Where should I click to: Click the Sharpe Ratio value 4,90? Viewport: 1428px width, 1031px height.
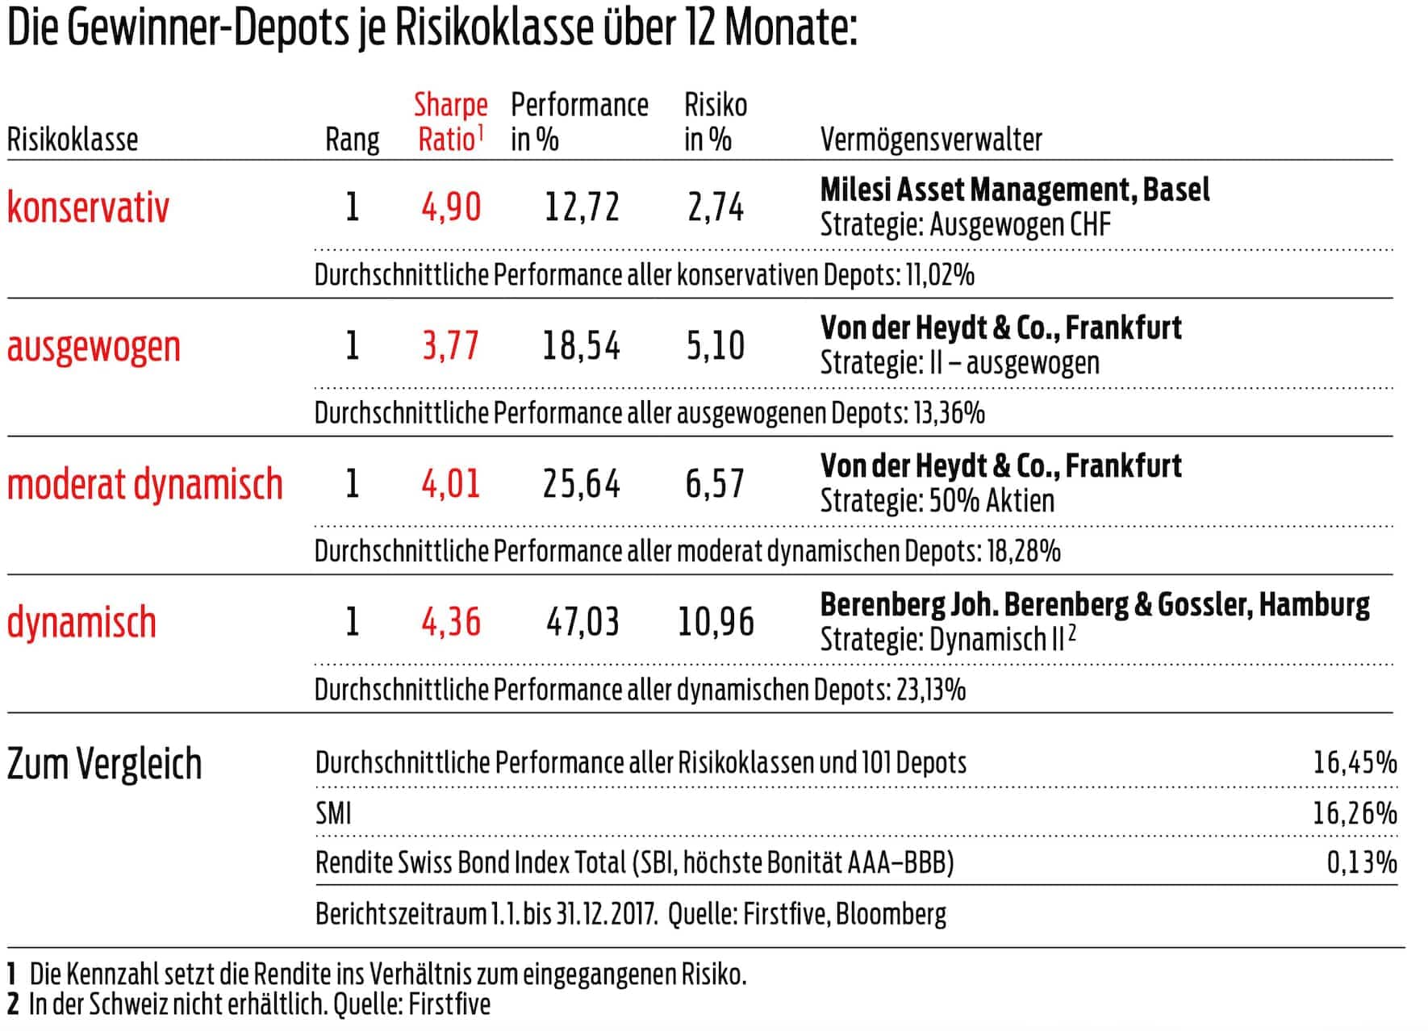click(451, 207)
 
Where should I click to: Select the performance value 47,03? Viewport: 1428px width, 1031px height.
click(582, 622)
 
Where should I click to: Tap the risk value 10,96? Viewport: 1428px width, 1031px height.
click(716, 622)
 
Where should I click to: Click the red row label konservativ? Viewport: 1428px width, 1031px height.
click(89, 207)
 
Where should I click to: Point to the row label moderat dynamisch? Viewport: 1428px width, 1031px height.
click(145, 484)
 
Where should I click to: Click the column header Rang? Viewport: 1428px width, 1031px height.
click(352, 140)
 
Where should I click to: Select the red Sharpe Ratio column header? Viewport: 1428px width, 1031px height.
click(450, 122)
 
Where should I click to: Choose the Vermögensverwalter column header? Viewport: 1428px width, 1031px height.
click(931, 140)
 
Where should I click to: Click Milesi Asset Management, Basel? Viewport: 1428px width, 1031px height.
click(1015, 190)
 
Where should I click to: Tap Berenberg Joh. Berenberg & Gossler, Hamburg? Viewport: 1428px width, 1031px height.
click(1095, 604)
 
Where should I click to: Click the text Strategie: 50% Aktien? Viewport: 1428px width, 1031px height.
click(937, 501)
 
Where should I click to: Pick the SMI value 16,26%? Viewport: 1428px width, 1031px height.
click(1355, 812)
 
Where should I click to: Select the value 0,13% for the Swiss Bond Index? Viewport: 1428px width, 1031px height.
click(1362, 862)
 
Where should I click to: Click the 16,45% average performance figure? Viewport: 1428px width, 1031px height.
click(1355, 762)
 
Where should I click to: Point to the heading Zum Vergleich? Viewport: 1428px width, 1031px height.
click(104, 763)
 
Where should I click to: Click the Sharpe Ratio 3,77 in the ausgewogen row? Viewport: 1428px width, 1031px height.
click(451, 345)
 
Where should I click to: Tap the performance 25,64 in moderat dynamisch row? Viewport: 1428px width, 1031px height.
click(582, 484)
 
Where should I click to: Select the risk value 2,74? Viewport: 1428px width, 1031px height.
click(716, 207)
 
